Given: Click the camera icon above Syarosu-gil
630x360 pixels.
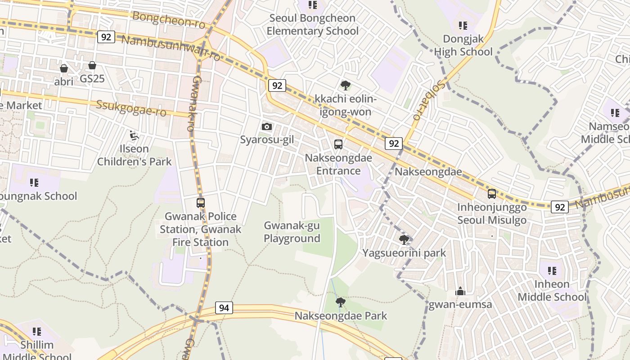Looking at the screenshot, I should pos(267,126).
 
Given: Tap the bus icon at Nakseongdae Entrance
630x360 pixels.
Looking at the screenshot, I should pos(338,144).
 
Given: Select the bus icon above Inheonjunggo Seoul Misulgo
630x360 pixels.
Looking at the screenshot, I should pos(492,194).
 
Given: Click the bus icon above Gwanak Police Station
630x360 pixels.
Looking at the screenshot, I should pos(201,203).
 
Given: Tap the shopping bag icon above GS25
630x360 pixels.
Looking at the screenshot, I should pos(92,66).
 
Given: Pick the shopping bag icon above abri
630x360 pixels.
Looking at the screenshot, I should pos(64,68).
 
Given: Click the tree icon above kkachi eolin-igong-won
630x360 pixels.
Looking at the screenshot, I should pos(345,85).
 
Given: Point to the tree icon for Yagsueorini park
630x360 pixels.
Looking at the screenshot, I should pos(404,239).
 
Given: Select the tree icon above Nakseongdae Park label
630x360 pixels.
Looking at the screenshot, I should pos(341,302).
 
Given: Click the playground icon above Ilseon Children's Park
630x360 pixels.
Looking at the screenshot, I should pos(134,135).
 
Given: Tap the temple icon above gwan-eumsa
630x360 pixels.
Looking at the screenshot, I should pos(460,292).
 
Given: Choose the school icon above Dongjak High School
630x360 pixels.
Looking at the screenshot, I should pos(463,26).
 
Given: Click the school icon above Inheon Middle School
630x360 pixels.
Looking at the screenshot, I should pos(552,271).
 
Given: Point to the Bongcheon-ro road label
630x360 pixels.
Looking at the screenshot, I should pos(169,20).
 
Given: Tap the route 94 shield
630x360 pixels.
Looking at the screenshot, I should pos(224,308).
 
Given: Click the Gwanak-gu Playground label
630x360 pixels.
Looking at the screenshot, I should pos(292,232).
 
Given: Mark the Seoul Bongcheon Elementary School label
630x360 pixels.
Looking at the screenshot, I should pos(312,24).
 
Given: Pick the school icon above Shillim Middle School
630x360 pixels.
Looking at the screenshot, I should pos(37,332).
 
